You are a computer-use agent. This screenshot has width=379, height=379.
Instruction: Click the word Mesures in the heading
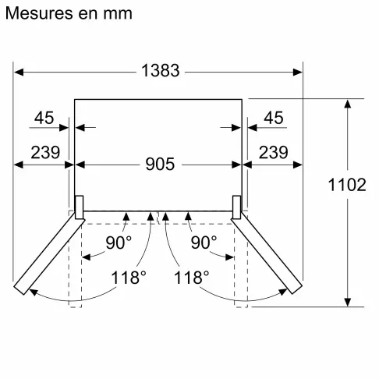(x=36, y=14)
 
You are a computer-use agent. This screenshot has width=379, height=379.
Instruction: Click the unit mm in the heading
(x=116, y=14)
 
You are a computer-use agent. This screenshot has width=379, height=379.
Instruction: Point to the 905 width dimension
(x=160, y=165)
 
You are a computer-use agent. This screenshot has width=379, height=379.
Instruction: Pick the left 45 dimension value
(x=44, y=119)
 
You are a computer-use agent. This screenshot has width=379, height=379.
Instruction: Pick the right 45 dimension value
(x=274, y=119)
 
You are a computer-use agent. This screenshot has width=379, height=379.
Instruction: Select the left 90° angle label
(x=119, y=243)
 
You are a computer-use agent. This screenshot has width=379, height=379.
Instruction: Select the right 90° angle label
(x=203, y=243)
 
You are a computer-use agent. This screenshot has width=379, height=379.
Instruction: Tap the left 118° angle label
(x=128, y=277)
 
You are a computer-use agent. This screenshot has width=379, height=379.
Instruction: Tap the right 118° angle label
(x=191, y=277)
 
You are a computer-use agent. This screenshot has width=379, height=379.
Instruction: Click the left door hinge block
(x=78, y=205)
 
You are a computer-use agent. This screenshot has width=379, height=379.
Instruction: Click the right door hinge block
(x=239, y=205)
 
